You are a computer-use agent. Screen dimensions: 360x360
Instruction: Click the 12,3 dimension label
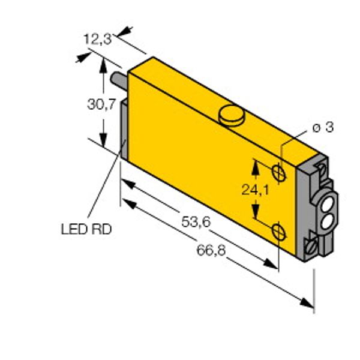(x=98, y=39)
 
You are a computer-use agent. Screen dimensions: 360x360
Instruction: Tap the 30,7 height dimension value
(x=101, y=104)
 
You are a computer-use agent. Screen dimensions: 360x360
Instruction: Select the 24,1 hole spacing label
(x=256, y=190)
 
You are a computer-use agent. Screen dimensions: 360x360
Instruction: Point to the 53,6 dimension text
(x=196, y=222)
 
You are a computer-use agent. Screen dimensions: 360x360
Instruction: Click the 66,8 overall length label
(x=211, y=250)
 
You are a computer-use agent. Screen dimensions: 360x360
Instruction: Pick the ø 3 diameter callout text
(x=323, y=127)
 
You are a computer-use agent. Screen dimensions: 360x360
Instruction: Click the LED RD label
(x=86, y=229)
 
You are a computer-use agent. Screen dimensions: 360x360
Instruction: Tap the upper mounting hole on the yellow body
(x=279, y=172)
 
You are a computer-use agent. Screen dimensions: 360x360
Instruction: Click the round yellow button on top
(x=232, y=115)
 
